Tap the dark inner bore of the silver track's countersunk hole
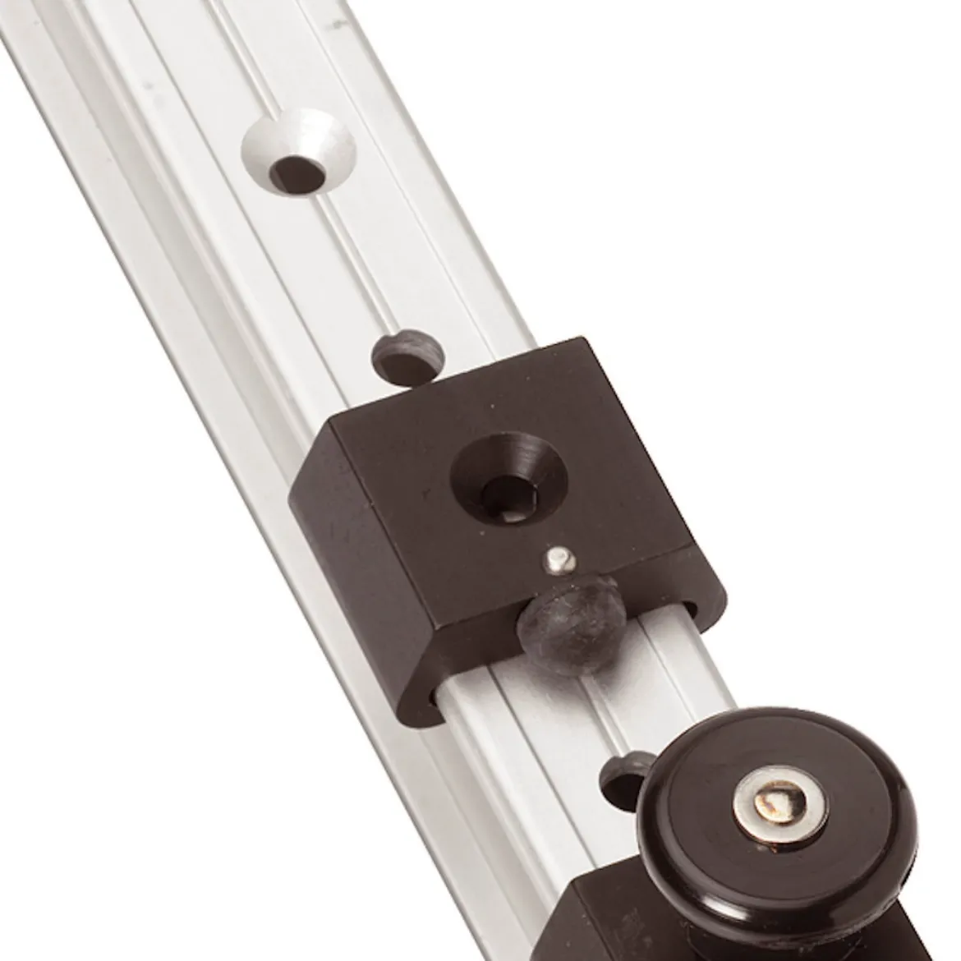(297, 173)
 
